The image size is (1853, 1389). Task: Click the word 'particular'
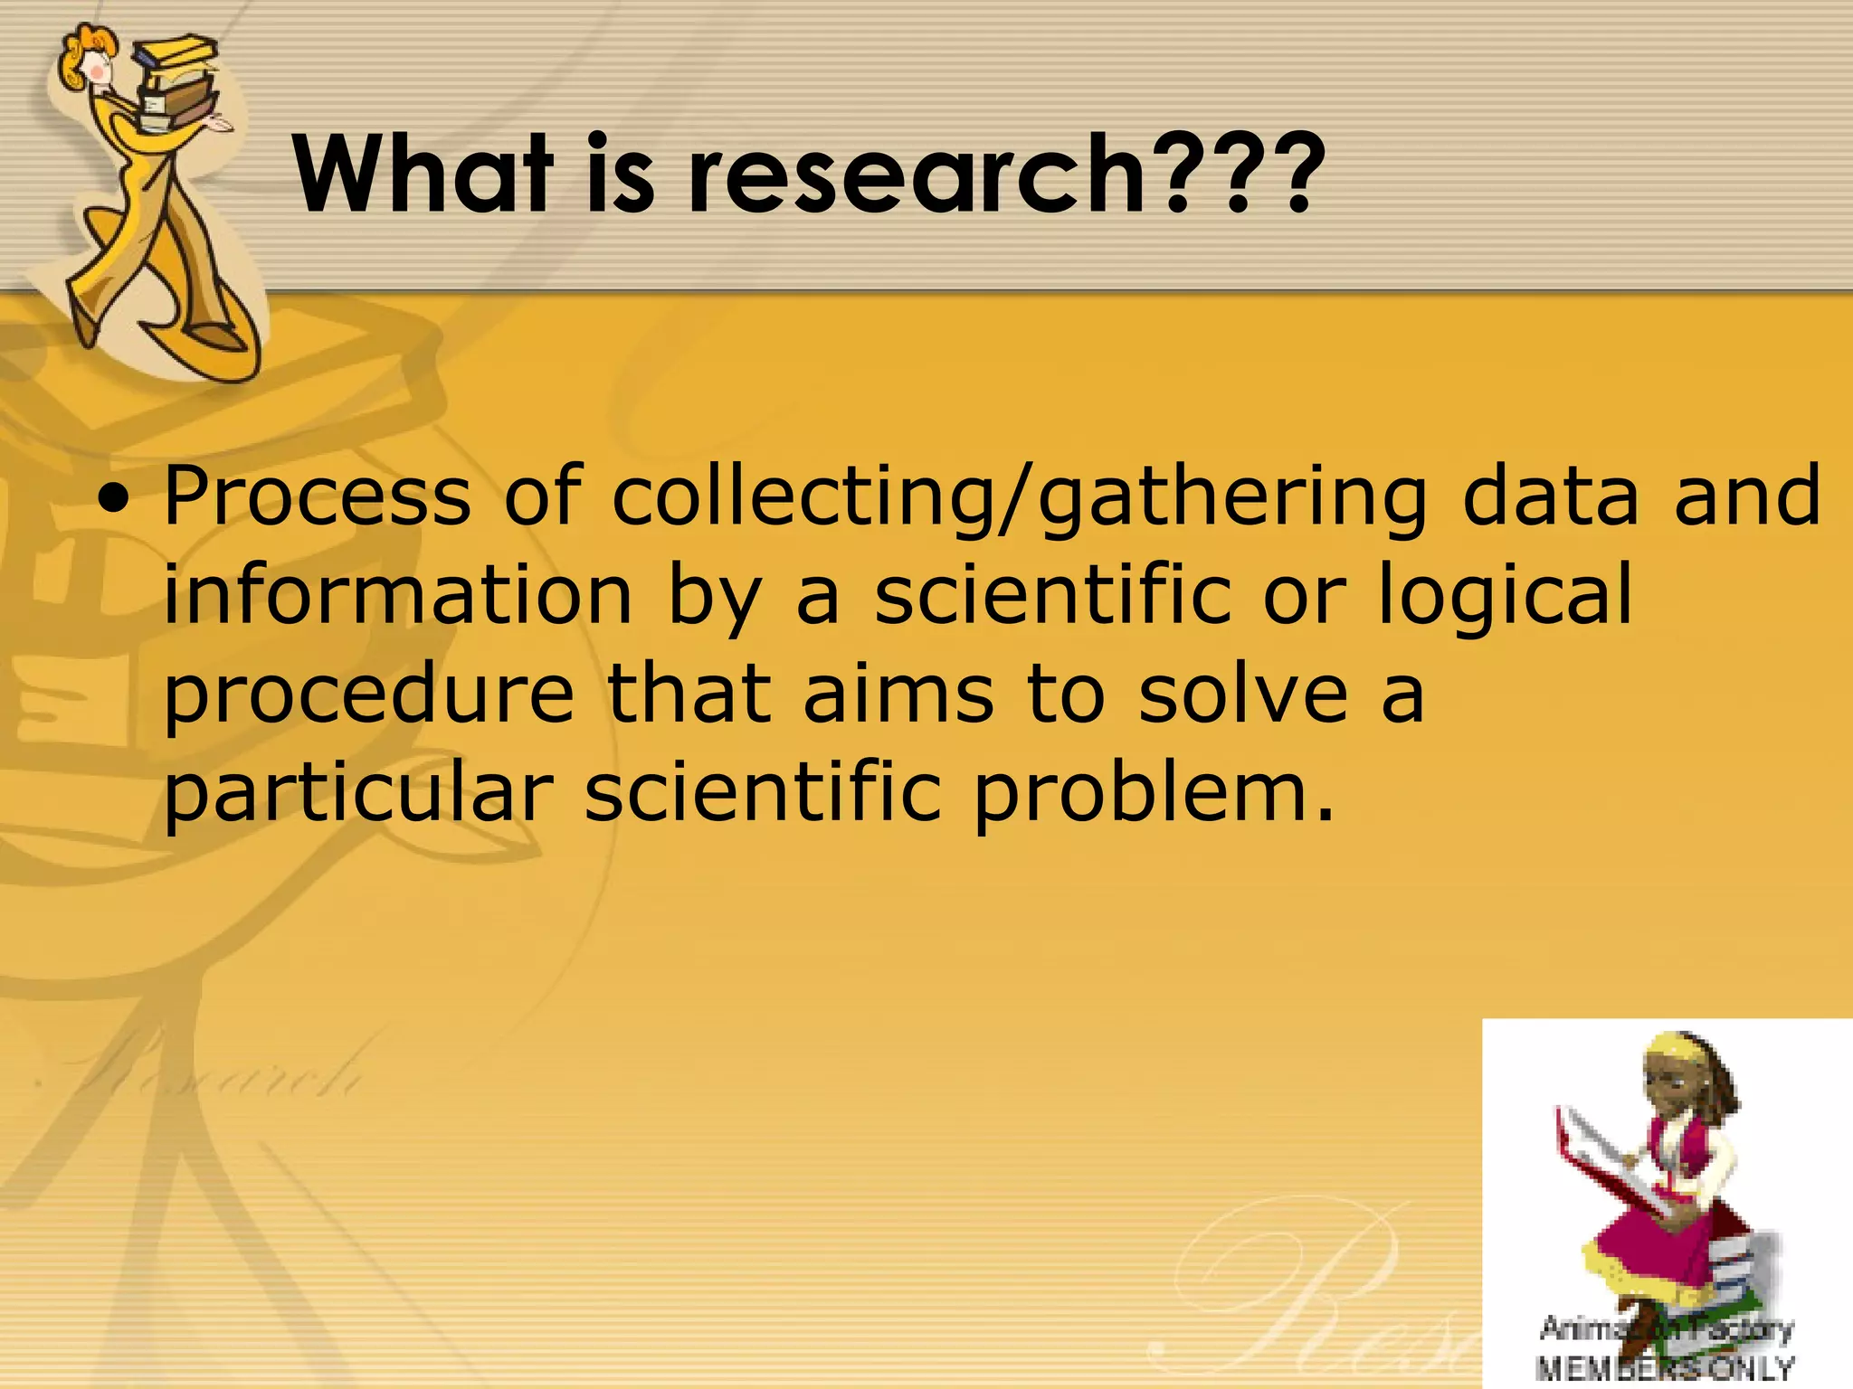[x=358, y=794]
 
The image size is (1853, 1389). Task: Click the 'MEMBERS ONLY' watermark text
[x=1665, y=1366]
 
